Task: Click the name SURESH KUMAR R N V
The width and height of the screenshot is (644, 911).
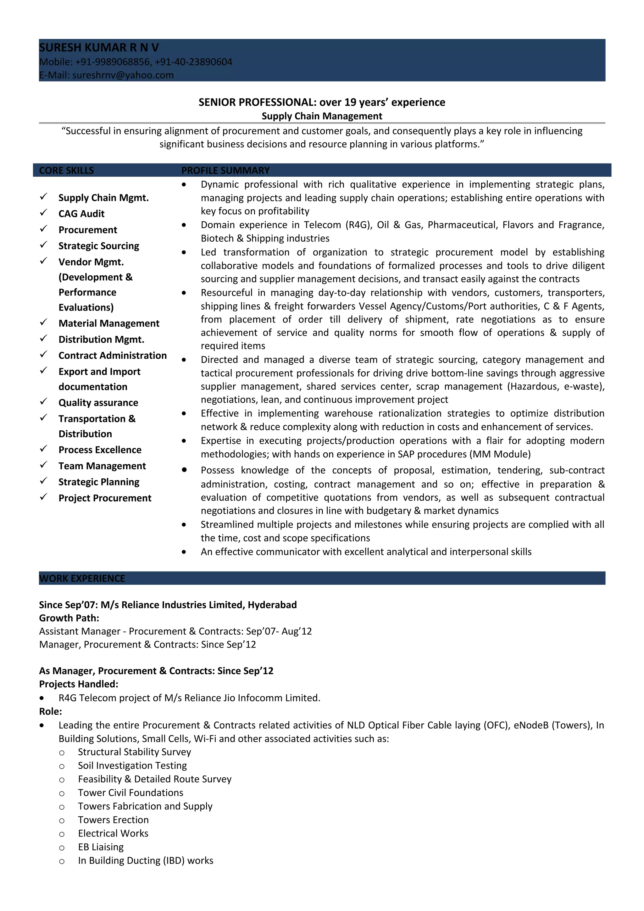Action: click(99, 47)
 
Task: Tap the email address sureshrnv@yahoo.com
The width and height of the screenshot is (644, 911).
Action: click(123, 75)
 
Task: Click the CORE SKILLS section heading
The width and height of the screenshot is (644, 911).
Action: click(66, 171)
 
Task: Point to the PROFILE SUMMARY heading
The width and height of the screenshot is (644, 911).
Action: click(225, 171)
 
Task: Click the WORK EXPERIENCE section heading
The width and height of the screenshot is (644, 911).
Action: click(82, 578)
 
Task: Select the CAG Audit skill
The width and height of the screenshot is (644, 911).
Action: click(81, 214)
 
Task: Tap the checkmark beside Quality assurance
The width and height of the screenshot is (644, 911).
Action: click(44, 402)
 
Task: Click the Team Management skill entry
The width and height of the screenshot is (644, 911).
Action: click(102, 466)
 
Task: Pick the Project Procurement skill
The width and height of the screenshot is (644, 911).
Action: click(105, 498)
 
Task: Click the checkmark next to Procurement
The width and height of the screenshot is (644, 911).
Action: click(44, 229)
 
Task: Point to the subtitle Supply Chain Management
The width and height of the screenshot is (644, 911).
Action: click(322, 116)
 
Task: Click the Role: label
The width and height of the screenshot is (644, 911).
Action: click(50, 711)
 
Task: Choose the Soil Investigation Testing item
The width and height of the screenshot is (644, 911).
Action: click(132, 765)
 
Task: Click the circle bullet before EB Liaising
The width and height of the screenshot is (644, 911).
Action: click(62, 848)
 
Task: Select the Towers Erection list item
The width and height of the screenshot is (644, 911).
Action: click(113, 820)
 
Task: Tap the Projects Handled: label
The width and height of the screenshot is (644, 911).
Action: click(79, 684)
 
